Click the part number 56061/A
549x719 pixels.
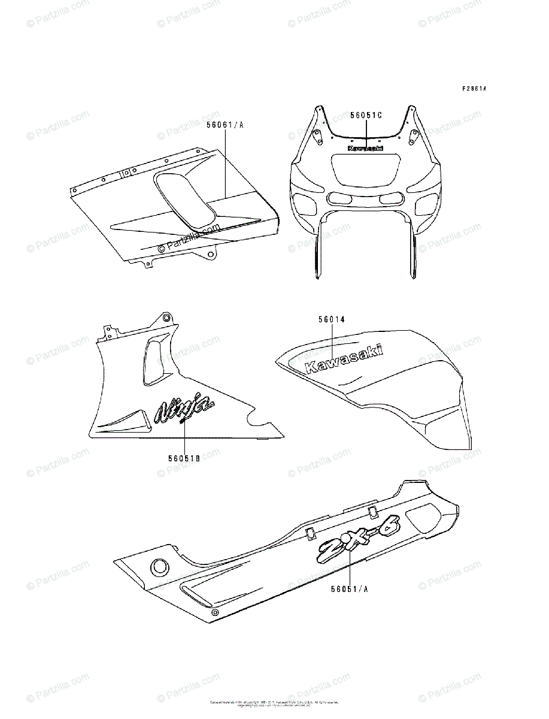[x=225, y=125]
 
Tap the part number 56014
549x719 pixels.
[x=332, y=321]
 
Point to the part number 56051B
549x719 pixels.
[x=183, y=458]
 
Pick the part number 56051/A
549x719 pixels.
[x=349, y=588]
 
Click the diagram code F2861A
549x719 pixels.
[x=474, y=89]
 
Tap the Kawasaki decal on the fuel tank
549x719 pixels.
[x=344, y=359]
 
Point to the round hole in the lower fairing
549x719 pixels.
[x=160, y=566]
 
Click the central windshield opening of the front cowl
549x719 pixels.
[x=365, y=170]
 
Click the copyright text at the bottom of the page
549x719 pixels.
[x=274, y=703]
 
